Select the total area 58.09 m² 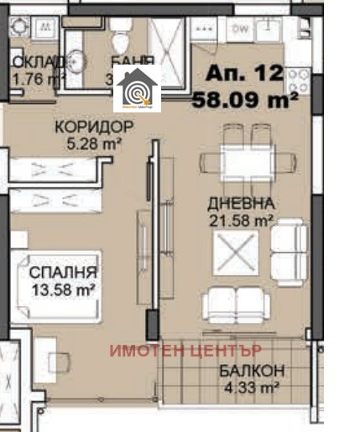point(247,101)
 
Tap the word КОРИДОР point(93,128)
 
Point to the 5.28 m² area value point(94,143)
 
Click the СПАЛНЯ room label point(63,273)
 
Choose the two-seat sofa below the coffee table point(237,303)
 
